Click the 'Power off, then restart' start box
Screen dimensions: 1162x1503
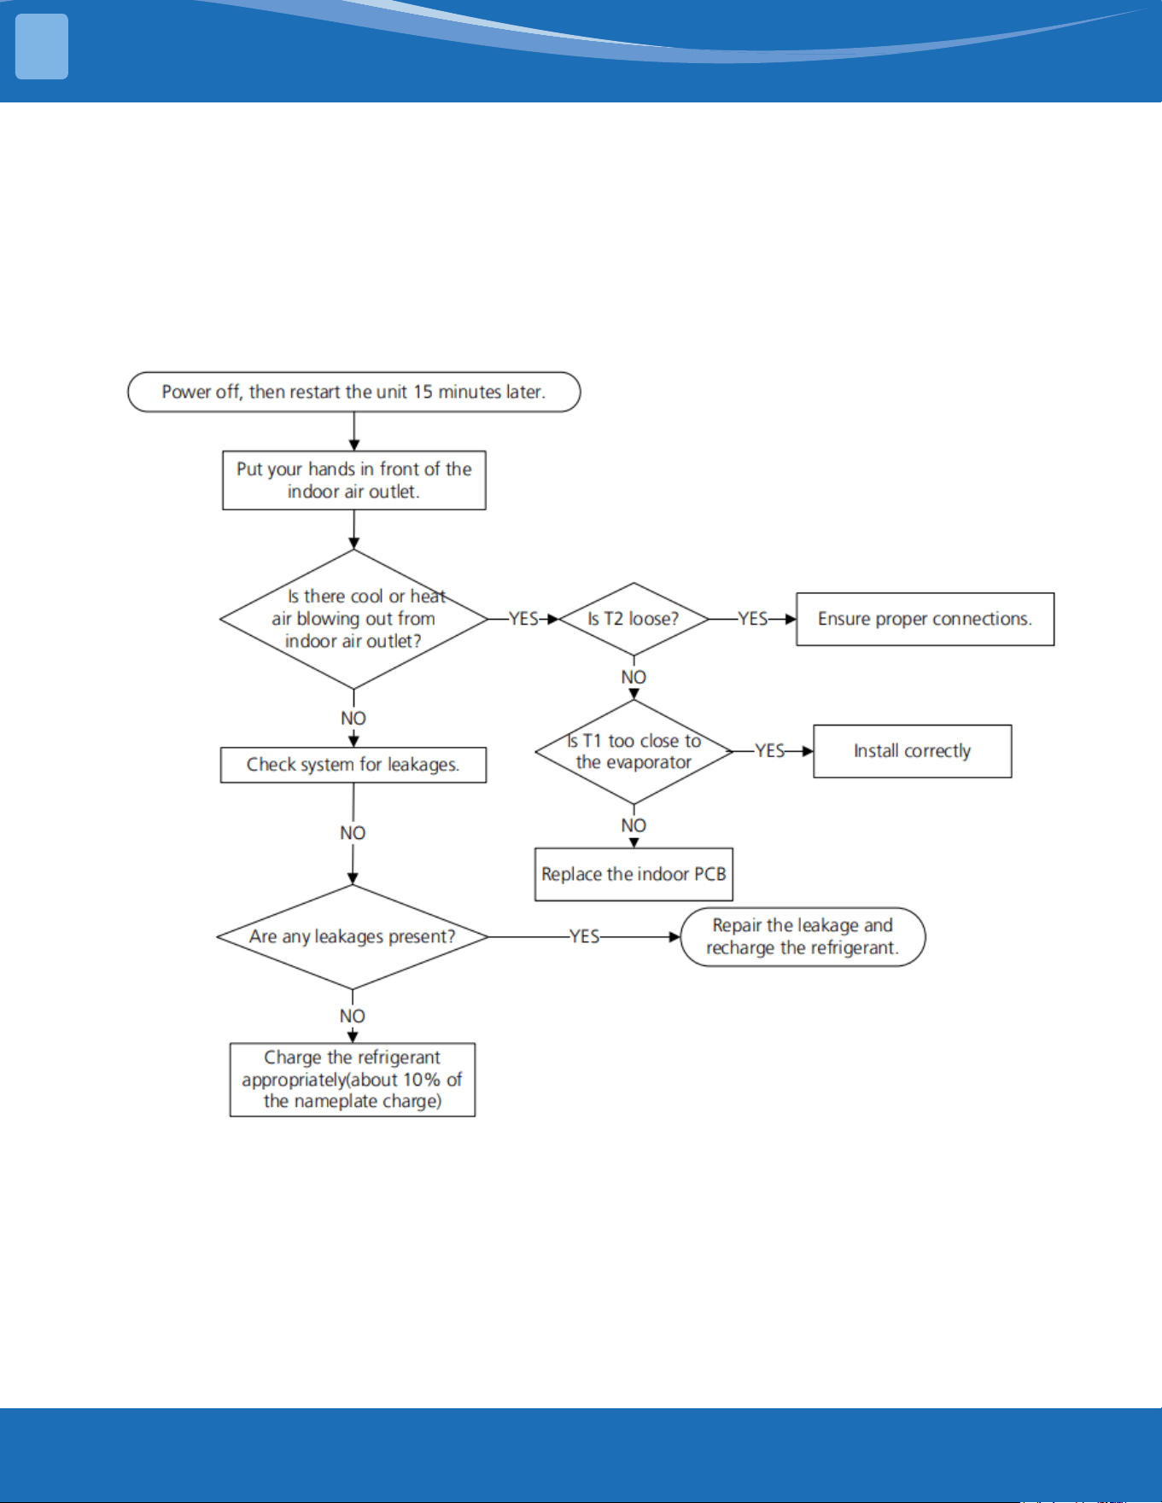(x=353, y=392)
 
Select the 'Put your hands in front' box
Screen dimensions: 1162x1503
(x=353, y=481)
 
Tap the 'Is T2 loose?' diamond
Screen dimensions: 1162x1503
(x=634, y=619)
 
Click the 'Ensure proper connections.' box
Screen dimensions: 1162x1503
(x=925, y=619)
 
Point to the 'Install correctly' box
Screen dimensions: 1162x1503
(x=912, y=751)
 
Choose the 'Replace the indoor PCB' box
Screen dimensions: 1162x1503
(x=634, y=874)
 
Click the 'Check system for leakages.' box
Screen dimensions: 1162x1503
(x=353, y=765)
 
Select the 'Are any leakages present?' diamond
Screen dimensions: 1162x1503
(x=353, y=936)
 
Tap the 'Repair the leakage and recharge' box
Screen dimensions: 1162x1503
(x=803, y=936)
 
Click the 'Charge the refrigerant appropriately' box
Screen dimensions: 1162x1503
(x=352, y=1080)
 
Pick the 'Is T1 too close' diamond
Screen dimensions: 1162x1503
(x=634, y=752)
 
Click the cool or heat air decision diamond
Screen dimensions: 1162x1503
(x=353, y=619)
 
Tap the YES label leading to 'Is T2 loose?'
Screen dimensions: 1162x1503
(x=523, y=619)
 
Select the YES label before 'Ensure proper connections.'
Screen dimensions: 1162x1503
(x=752, y=619)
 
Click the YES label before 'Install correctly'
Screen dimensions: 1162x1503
(x=769, y=751)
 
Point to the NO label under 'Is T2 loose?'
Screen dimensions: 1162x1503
(x=634, y=678)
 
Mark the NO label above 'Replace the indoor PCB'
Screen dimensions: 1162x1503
(x=634, y=826)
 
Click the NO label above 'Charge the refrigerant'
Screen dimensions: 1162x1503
(x=352, y=1017)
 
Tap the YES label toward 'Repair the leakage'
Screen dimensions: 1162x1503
(x=584, y=936)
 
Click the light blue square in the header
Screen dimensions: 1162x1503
(x=42, y=47)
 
